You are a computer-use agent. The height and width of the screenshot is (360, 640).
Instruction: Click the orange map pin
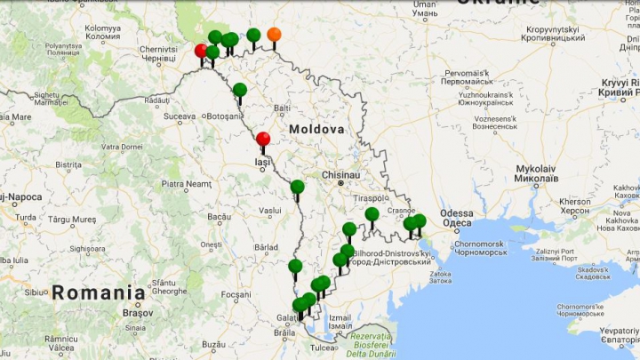pos(274,35)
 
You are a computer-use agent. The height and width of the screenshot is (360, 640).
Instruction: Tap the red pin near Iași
pos(263,140)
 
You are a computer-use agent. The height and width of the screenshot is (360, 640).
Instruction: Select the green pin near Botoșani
pos(240,90)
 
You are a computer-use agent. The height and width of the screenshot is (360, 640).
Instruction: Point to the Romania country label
pos(98,292)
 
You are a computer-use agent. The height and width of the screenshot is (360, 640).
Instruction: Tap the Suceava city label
pos(179,116)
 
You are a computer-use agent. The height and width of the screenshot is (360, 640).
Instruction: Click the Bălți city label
pos(283,108)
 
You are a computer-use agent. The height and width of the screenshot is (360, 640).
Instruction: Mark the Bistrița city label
pos(68,164)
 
